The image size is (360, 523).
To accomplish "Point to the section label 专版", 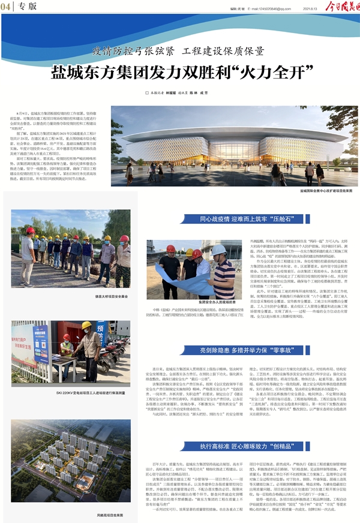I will pos(26,7).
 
